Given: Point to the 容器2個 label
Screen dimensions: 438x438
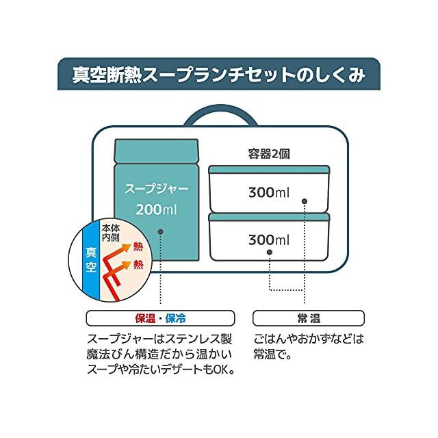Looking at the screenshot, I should click(x=268, y=154).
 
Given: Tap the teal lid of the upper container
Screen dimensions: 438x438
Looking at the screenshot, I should click(x=269, y=170).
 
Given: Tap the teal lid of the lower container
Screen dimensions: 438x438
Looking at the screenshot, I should click(x=269, y=217).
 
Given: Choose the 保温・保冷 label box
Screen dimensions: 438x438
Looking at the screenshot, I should click(x=160, y=318).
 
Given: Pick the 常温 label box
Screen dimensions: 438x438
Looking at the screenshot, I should click(x=308, y=318).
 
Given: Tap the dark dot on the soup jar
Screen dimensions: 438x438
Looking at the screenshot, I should click(x=159, y=232).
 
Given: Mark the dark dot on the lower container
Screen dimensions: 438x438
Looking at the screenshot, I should click(x=268, y=253).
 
